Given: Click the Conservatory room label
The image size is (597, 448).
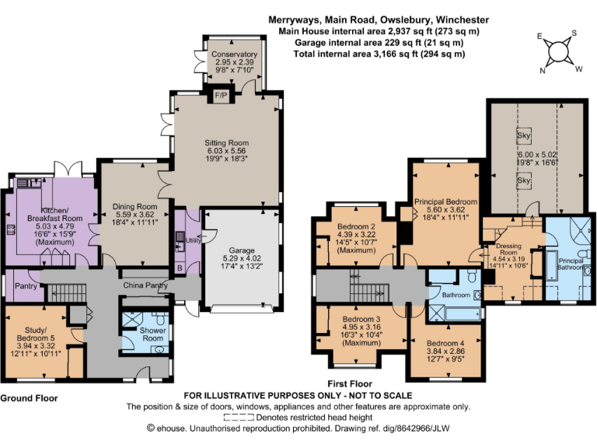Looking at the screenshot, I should point(234,54).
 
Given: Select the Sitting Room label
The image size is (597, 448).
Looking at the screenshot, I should point(226,143).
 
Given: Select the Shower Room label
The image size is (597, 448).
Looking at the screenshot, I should point(152,334).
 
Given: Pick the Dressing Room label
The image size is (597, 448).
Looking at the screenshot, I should point(508,250).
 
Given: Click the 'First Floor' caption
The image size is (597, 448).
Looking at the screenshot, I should point(350,384).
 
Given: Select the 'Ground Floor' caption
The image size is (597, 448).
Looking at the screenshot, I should point(30,398).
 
